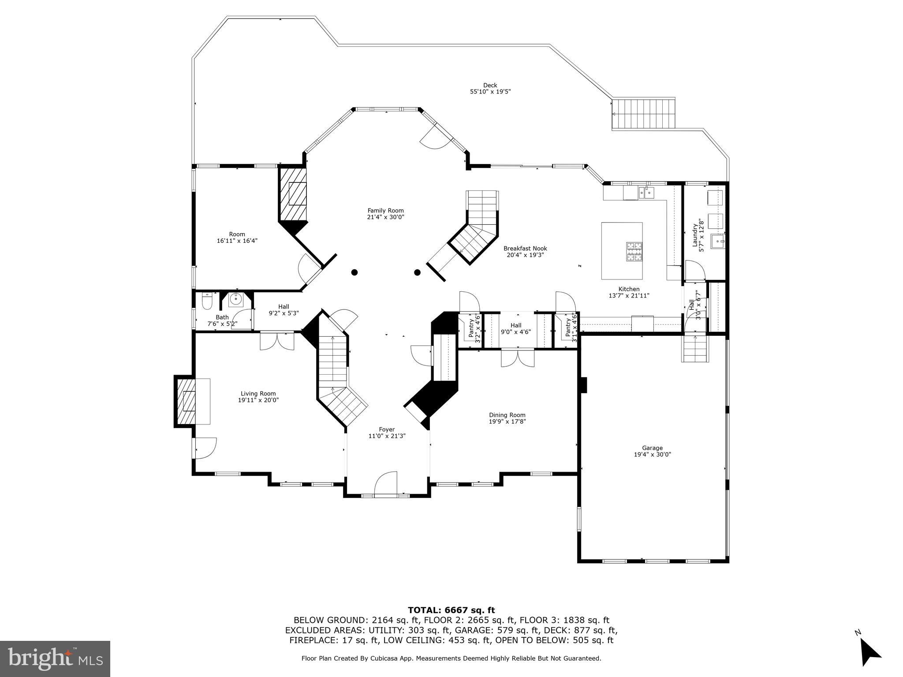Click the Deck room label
490,86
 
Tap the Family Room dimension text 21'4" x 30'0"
385,217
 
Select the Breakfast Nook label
525,248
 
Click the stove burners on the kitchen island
634,252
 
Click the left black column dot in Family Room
354,272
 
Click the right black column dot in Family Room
417,272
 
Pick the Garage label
652,448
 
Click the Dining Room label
507,415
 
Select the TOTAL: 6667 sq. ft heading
451,610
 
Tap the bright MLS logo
55,658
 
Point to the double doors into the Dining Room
518,357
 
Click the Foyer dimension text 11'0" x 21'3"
387,436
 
